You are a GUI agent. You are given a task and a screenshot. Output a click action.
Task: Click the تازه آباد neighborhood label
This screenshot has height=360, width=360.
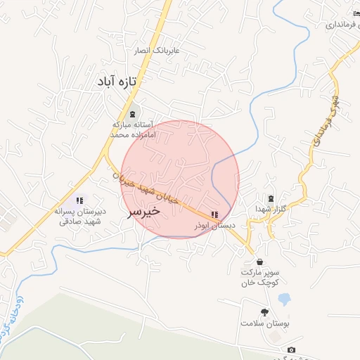tap(116, 82)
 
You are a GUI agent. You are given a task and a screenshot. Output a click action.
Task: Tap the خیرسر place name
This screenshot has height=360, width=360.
tap(143, 211)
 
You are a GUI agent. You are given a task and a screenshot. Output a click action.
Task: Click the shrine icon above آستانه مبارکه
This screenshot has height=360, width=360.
tap(133, 114)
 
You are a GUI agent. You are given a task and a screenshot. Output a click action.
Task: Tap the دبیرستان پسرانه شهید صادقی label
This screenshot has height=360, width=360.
tap(79, 216)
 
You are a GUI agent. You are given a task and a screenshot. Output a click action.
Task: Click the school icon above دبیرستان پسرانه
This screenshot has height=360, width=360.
tap(79, 201)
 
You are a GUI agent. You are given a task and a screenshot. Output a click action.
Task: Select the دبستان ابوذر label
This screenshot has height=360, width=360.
tap(214, 226)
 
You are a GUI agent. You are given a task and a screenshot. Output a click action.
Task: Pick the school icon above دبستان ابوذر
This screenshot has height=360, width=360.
tap(214, 214)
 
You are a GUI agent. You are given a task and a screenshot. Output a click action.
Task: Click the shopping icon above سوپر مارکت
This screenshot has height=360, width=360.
tap(260, 262)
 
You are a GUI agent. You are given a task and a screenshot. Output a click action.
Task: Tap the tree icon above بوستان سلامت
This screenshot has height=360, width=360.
tap(264, 312)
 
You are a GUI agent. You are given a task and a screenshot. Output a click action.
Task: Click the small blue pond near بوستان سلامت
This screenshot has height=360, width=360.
tap(284, 300)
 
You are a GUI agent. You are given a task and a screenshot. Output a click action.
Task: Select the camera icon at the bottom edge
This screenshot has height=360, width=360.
tap(292, 350)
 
